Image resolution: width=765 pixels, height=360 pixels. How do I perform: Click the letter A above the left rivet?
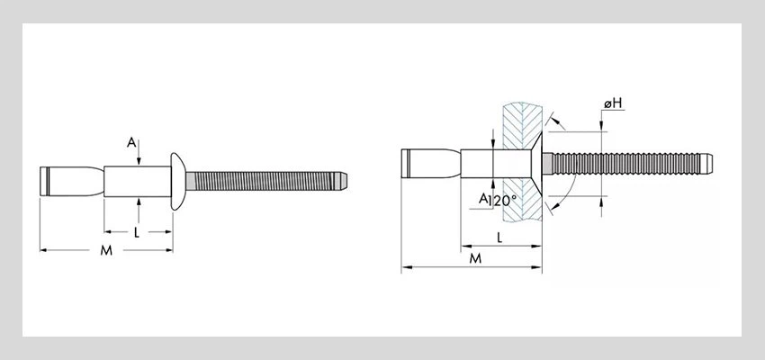(x=132, y=142)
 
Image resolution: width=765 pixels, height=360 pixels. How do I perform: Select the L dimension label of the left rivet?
(x=136, y=232)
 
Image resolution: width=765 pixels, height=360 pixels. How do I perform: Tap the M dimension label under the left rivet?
(x=105, y=251)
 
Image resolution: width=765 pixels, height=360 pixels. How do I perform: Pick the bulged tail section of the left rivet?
(x=72, y=180)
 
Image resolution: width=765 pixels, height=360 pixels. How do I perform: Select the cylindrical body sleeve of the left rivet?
(x=135, y=180)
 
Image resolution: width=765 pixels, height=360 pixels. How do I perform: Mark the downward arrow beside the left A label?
(x=139, y=159)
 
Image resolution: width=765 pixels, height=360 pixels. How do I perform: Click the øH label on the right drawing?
(x=613, y=105)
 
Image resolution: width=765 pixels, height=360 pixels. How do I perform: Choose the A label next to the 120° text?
(x=483, y=198)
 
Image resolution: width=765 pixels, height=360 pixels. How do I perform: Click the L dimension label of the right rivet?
(x=499, y=236)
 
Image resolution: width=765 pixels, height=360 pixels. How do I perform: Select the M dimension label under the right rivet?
(x=475, y=258)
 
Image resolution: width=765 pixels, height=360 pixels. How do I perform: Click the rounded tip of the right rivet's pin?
(x=710, y=165)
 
